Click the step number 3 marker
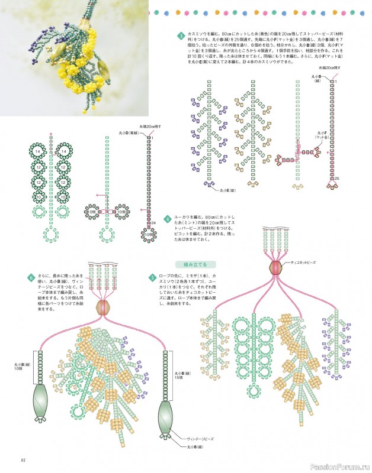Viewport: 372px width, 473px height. click(181, 37)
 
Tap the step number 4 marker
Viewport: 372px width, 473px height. click(168, 219)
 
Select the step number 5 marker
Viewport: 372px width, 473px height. click(152, 277)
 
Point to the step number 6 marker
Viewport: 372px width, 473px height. click(31, 277)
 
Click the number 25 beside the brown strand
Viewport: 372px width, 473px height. click(337, 179)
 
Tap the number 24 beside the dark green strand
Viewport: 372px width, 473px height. click(153, 222)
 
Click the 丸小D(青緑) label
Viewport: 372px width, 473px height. click(128, 134)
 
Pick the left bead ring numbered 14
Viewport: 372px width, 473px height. click(39, 153)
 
